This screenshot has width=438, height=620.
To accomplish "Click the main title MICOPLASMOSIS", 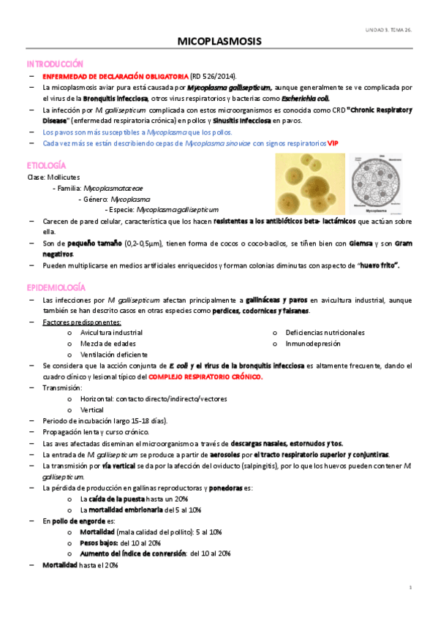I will pos(219,43).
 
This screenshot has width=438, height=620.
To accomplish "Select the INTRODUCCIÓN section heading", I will pos(55,64).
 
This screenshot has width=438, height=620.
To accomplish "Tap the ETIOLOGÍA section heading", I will pos(47,166).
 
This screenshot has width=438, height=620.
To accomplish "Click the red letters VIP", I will pos(333,143).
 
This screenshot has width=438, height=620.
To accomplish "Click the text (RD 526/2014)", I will pos(213,76).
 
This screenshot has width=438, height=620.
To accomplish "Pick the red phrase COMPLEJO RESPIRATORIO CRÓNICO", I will pos(205,377).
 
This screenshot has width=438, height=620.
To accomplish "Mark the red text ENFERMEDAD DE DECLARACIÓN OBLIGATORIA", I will pos(116,76).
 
